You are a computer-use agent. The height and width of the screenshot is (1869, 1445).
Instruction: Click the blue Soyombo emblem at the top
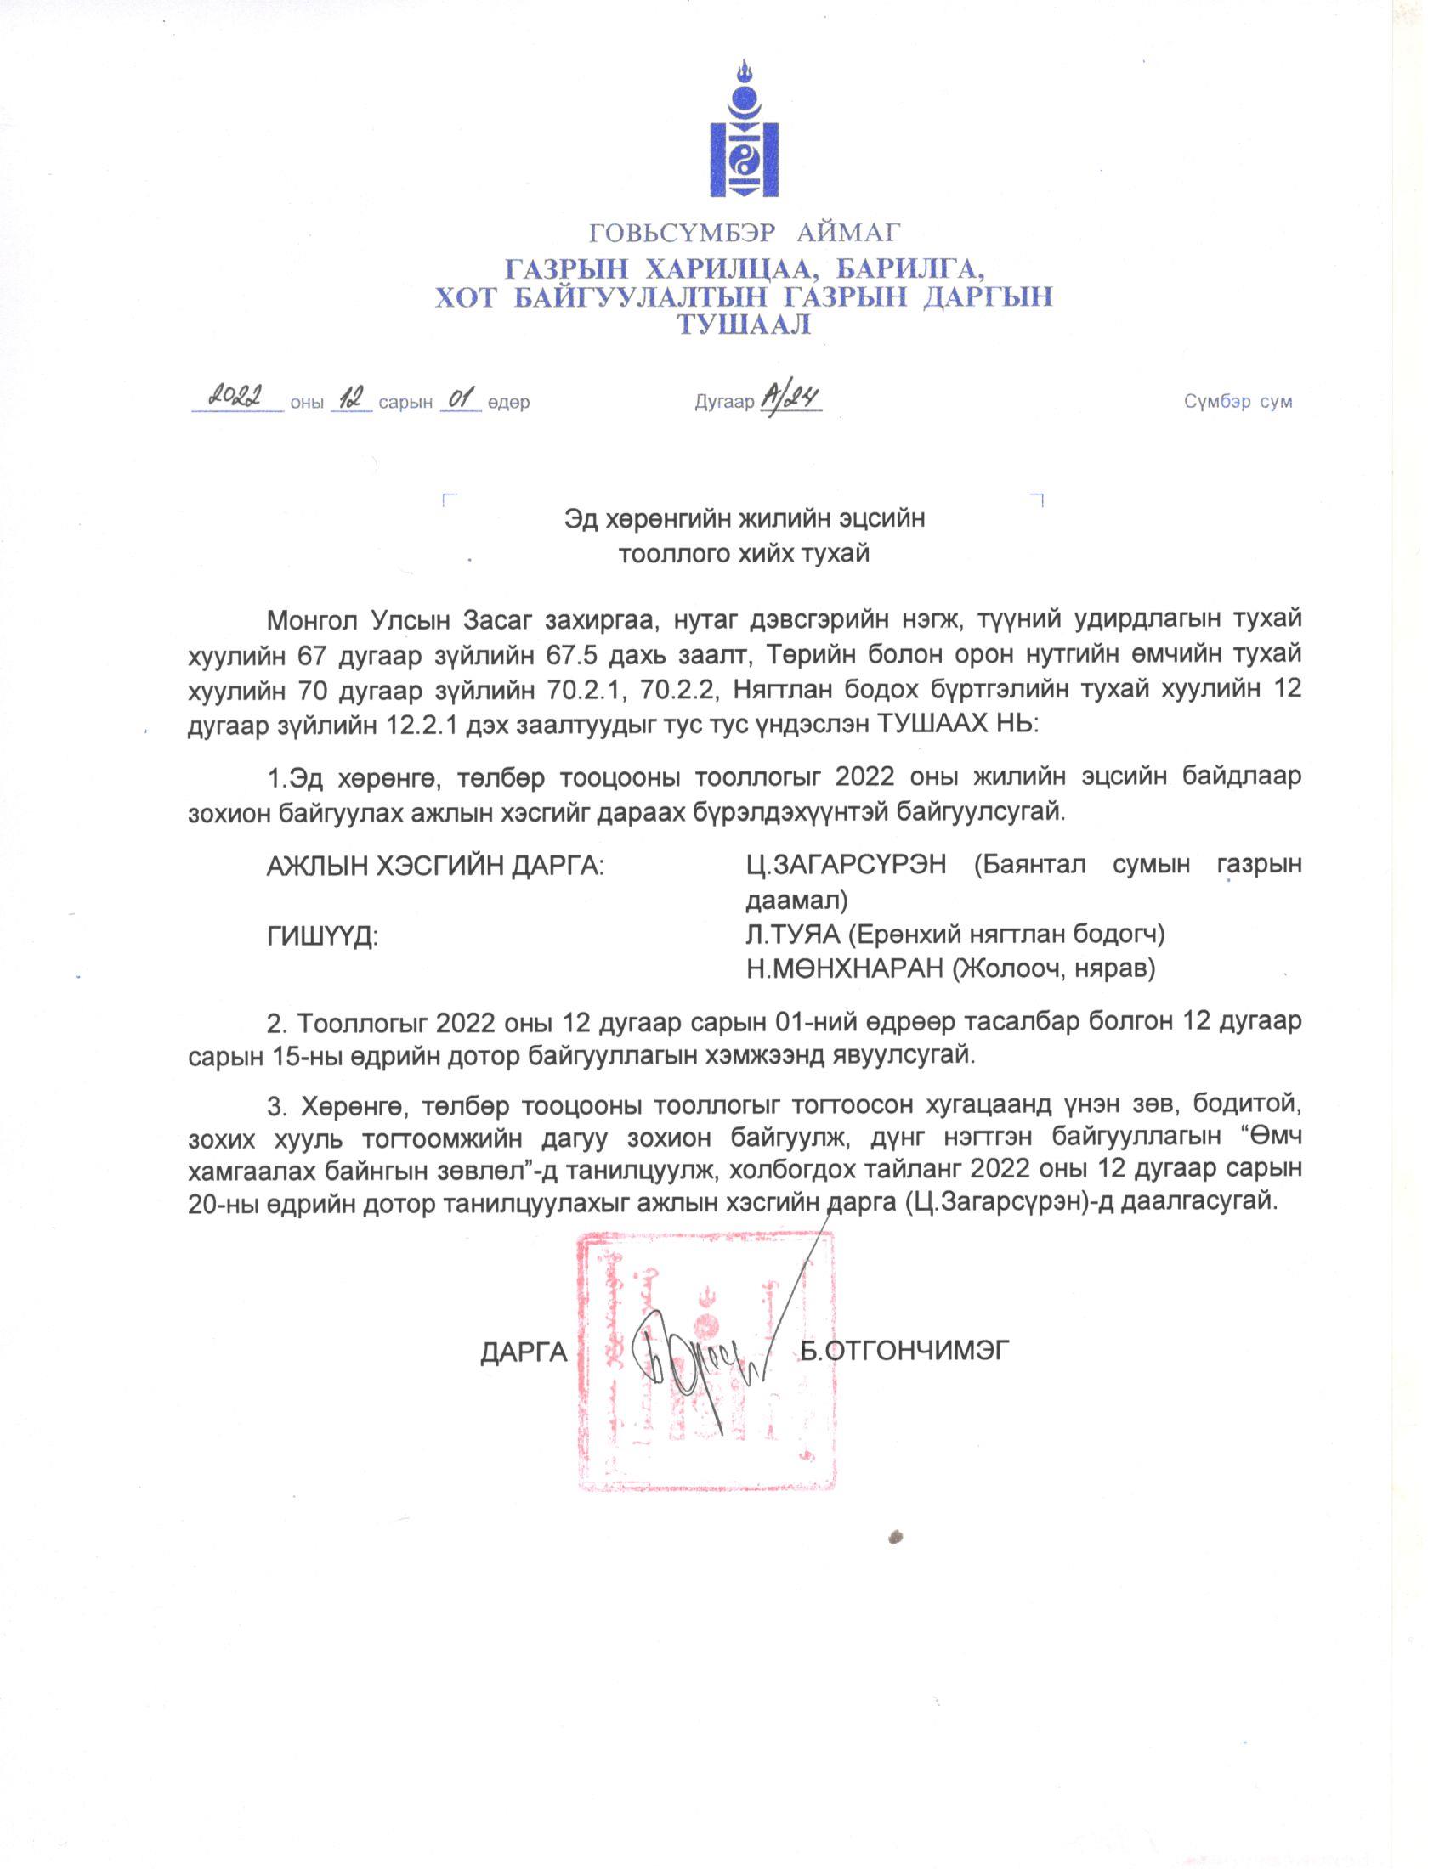743,130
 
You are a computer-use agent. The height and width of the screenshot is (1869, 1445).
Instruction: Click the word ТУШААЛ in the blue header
743,325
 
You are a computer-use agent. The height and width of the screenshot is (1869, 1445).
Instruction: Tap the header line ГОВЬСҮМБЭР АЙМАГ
743,232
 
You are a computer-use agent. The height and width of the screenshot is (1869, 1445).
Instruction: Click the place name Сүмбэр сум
1238,401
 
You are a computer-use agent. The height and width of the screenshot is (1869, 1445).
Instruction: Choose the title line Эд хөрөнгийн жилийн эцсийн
744,518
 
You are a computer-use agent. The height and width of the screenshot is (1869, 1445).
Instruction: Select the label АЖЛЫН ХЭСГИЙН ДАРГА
436,865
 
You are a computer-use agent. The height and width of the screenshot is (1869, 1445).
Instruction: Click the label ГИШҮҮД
323,936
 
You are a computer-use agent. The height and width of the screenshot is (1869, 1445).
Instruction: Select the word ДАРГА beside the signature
524,1352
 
